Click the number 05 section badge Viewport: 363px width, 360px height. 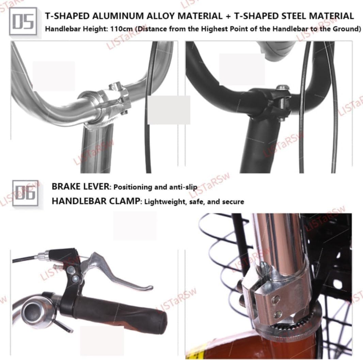pyautogui.click(x=23, y=21)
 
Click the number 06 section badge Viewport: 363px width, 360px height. pyautogui.click(x=26, y=193)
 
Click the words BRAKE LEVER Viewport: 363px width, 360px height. pyautogui.click(x=80, y=186)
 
